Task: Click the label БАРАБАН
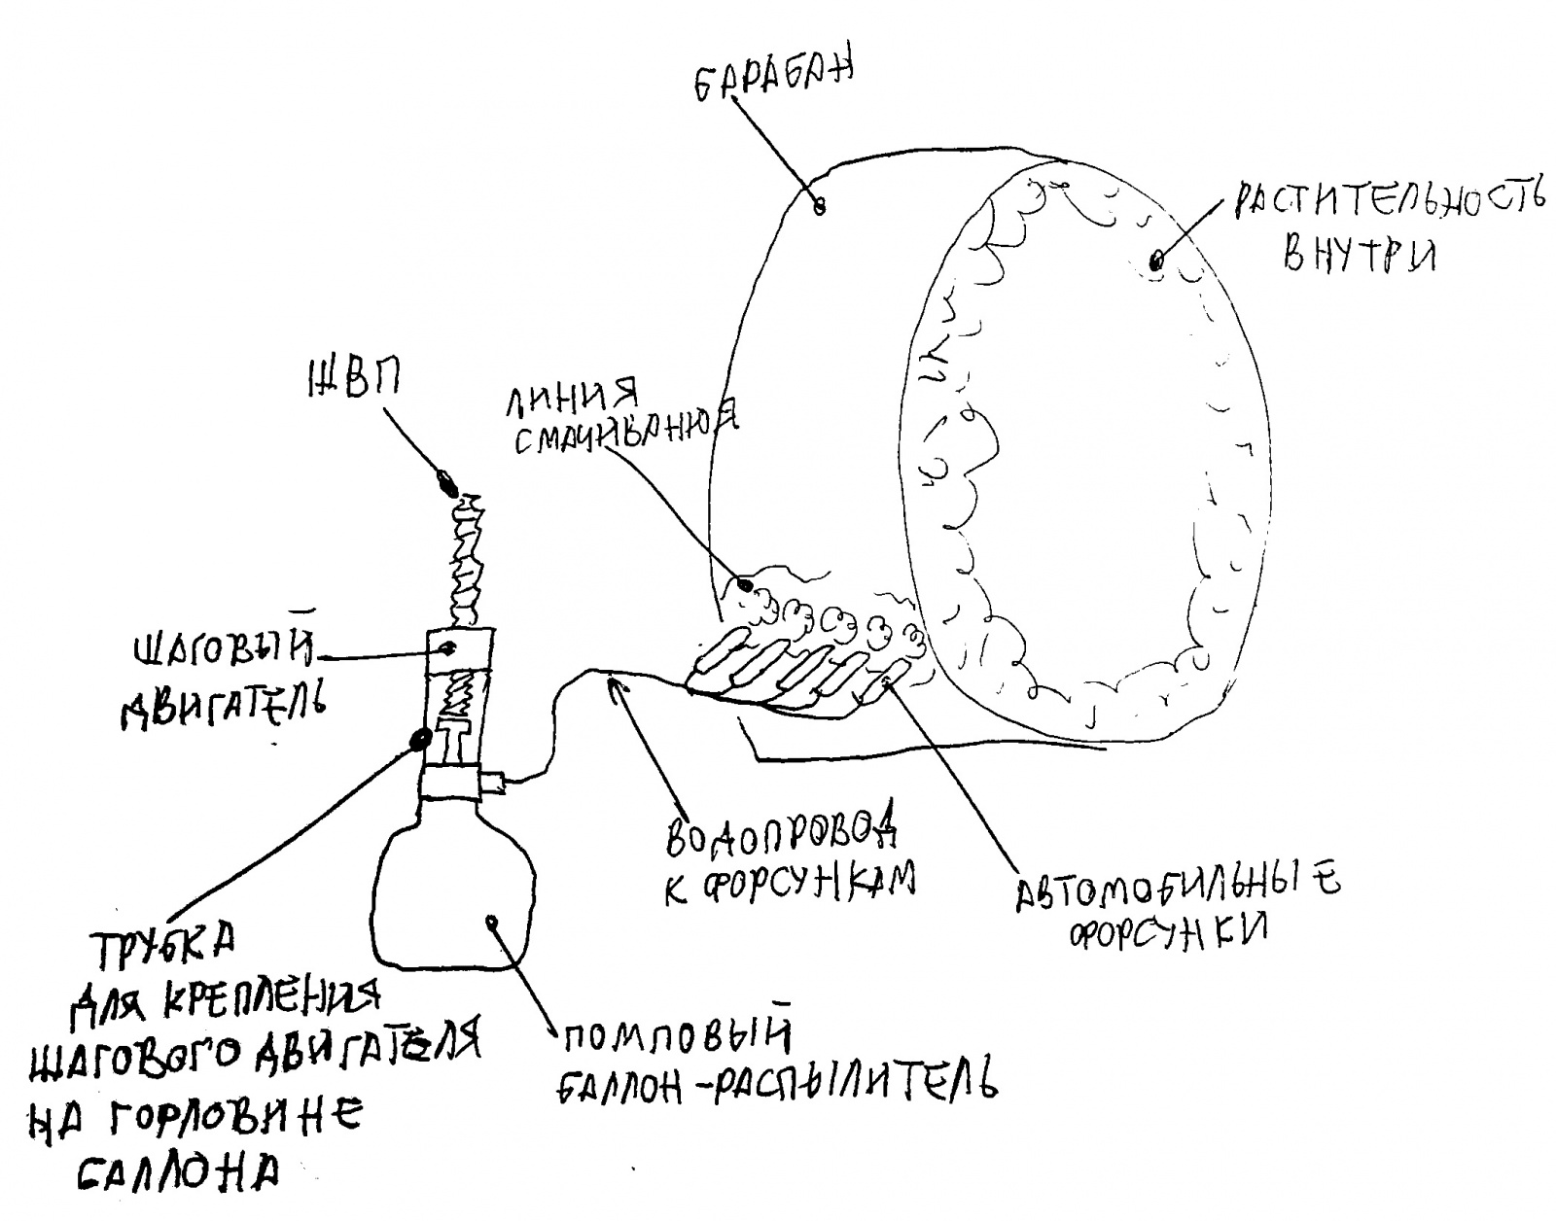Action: [773, 80]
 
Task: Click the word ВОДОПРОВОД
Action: [779, 833]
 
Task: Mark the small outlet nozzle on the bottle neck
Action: [493, 780]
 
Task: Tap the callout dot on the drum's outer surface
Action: [819, 205]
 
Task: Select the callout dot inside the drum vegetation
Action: [1156, 261]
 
